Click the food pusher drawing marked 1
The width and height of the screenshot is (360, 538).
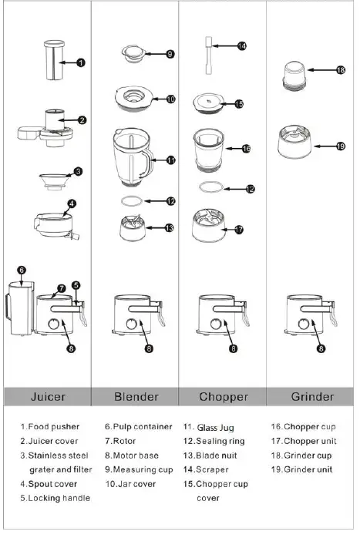point(54,59)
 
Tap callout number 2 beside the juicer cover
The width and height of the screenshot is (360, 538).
point(82,119)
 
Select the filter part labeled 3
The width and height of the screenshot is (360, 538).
point(53,179)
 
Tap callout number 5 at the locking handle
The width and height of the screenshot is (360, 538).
point(76,285)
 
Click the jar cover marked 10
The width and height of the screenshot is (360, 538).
point(136,98)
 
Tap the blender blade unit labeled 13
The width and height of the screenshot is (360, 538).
point(133,228)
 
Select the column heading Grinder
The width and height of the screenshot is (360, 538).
point(312,397)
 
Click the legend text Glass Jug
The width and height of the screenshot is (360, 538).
point(215,427)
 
